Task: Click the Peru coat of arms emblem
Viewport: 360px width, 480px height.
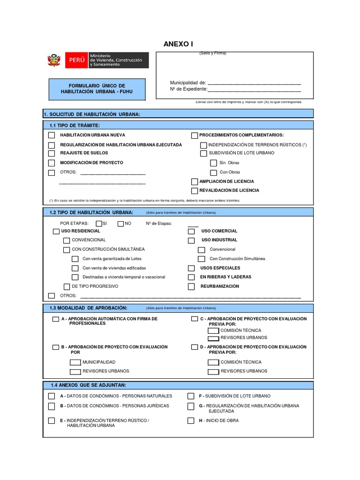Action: (x=54, y=60)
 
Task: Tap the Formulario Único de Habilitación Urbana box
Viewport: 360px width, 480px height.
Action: (x=97, y=89)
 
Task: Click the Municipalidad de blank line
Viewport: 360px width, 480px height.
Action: (x=254, y=83)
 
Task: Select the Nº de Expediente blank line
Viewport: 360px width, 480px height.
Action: (x=254, y=89)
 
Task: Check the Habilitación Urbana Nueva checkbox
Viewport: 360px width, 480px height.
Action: (x=52, y=135)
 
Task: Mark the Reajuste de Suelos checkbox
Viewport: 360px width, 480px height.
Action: (x=52, y=153)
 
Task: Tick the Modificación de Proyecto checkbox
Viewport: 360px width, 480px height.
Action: (x=52, y=163)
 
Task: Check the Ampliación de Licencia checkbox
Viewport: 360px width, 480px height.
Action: (x=195, y=181)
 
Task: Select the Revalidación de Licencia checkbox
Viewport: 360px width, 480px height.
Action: (x=195, y=191)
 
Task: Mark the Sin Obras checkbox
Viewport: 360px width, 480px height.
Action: (x=213, y=163)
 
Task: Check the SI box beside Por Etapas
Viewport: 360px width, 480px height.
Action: (x=99, y=224)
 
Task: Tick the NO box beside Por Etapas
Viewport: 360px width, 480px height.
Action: (x=120, y=224)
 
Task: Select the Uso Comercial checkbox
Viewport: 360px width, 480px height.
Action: (x=191, y=231)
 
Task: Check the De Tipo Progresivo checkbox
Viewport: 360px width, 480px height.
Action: (x=67, y=286)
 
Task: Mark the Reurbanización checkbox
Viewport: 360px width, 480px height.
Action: (x=191, y=286)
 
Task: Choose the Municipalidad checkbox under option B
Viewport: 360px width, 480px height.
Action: (x=75, y=362)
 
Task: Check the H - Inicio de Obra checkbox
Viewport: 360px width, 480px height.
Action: (x=191, y=420)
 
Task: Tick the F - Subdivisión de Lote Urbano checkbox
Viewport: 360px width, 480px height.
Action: (x=191, y=396)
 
